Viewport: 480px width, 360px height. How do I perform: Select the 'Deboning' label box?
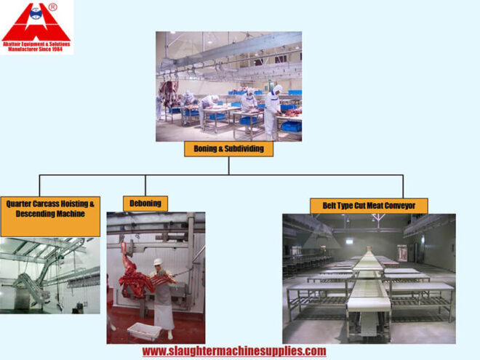click(x=145, y=203)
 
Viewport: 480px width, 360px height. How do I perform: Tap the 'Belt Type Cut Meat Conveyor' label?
click(x=369, y=205)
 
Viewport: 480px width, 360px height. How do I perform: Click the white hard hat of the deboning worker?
click(x=157, y=261)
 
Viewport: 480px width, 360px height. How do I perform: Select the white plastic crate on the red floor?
click(x=143, y=332)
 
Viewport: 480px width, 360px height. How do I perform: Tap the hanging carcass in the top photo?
click(x=169, y=94)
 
